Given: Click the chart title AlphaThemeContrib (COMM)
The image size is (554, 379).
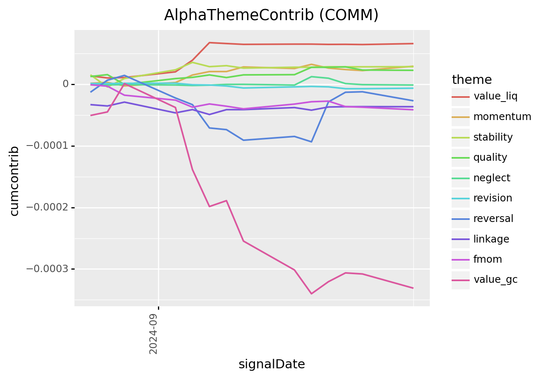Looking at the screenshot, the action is click(271, 15).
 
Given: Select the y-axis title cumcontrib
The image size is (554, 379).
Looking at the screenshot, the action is click(14, 181).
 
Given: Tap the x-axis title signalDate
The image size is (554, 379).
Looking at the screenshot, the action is click(271, 364).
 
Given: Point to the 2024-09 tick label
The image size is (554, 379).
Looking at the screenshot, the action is click(153, 334).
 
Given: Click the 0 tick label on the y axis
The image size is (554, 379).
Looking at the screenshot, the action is click(65, 84).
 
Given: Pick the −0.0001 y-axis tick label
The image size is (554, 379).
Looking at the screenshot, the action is click(47, 146).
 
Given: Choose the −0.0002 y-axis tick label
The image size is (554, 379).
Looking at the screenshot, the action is click(47, 207).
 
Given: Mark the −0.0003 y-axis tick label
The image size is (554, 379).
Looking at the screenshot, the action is click(47, 268).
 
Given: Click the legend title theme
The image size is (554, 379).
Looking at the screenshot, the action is click(472, 80).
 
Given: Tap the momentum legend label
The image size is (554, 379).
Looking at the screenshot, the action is click(502, 116).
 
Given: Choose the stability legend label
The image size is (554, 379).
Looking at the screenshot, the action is click(493, 137).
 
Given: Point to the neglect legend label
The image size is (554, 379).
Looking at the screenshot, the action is click(491, 178).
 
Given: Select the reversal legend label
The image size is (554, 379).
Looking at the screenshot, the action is click(494, 219).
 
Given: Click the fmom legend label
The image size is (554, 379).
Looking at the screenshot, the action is click(488, 259).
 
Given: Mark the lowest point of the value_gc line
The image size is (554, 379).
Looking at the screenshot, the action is click(311, 294).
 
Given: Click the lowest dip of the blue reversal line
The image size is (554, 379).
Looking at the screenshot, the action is click(311, 142).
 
